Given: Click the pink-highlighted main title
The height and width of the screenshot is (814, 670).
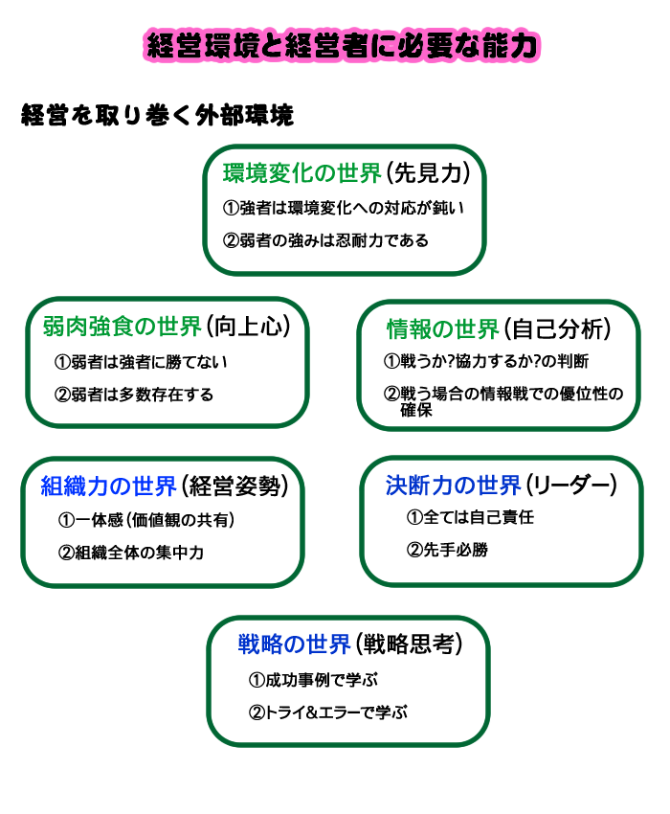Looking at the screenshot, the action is tap(342, 46).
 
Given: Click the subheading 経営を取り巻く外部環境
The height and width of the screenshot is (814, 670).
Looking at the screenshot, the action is tap(157, 115).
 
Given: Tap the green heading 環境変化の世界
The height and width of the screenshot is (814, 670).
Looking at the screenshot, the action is tap(302, 173).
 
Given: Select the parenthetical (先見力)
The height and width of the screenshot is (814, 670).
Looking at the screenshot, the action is tap(428, 173).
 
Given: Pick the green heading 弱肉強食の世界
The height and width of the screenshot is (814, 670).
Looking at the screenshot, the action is tap(122, 327).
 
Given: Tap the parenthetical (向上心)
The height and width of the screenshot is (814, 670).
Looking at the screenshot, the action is tap(248, 327).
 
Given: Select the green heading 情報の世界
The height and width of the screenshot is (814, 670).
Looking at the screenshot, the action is tap(443, 329).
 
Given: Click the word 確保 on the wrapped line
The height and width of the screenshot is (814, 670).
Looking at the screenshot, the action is tap(416, 410).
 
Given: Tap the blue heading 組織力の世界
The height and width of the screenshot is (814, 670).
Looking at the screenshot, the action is tap(109, 486).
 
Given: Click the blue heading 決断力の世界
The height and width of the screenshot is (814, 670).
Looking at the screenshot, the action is tap(453, 486).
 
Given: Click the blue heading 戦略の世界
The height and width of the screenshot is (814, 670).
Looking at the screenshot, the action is tap(294, 644).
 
